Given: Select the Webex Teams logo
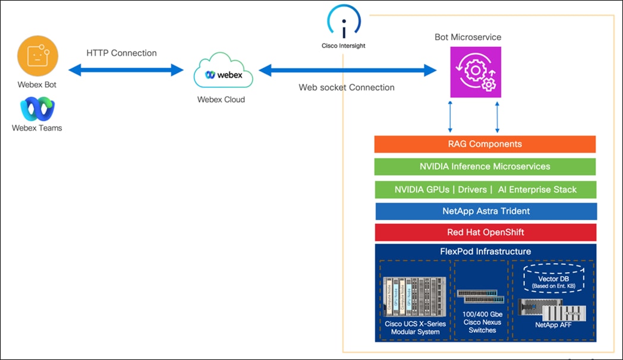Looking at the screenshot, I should (x=37, y=109).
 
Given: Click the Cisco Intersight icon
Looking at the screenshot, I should (x=344, y=22).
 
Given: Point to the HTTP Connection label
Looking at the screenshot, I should (x=121, y=53).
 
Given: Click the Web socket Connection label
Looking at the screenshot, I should (x=346, y=87).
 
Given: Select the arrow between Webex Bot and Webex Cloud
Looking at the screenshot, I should (x=126, y=71).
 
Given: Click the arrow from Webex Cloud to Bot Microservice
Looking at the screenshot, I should (x=348, y=71).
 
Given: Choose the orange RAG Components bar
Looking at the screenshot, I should (x=484, y=144).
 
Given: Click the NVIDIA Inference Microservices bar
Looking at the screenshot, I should (x=484, y=166).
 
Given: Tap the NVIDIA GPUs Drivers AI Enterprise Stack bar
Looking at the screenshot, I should (x=485, y=190).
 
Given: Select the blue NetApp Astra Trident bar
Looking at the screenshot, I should (x=486, y=211).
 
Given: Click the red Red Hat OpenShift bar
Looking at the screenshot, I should (x=485, y=232).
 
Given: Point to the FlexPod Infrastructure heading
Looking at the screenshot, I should (x=485, y=251).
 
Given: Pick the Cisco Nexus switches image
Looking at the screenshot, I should (x=482, y=297).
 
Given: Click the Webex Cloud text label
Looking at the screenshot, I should (x=221, y=99).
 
